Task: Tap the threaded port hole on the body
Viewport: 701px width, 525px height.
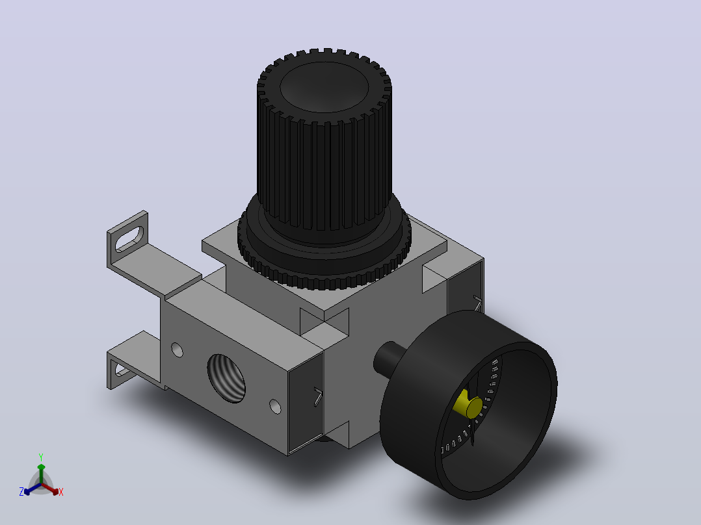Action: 227,378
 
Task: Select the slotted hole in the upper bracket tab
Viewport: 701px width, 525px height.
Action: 129,239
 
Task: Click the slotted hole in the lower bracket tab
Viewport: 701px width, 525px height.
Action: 122,370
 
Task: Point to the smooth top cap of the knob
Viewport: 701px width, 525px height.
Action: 324,87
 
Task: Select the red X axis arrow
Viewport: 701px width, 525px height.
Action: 50,489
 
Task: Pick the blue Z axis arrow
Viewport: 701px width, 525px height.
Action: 33,489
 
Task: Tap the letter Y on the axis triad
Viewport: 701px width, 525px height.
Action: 41,457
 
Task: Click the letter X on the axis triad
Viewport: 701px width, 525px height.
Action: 61,492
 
